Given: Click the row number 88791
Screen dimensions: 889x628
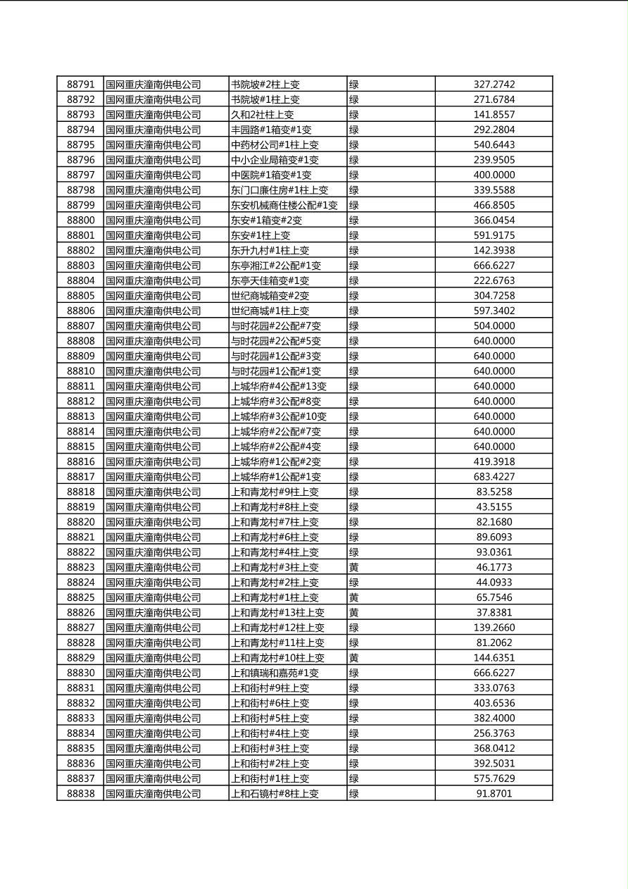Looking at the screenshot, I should pyautogui.click(x=80, y=85).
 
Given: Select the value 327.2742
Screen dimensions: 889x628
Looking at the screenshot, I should pyautogui.click(x=494, y=85).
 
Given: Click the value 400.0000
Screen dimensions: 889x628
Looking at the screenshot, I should pyautogui.click(x=494, y=175).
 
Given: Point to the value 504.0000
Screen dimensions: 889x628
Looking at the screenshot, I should pyautogui.click(x=494, y=326).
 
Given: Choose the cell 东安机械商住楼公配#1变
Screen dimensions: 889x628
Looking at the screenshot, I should pyautogui.click(x=284, y=206).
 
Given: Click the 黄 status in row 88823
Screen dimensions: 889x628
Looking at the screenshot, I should pyautogui.click(x=354, y=568).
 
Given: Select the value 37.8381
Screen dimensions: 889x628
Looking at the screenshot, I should pyautogui.click(x=494, y=613).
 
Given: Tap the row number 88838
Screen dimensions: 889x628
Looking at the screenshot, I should pyautogui.click(x=80, y=794).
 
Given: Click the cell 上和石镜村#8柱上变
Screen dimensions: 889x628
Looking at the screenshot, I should pyautogui.click(x=275, y=794).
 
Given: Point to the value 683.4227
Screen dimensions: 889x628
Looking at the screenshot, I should pyautogui.click(x=494, y=477).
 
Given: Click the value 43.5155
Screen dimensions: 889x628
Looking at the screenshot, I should pyautogui.click(x=494, y=507).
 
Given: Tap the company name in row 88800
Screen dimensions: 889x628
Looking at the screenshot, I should pyautogui.click(x=153, y=220).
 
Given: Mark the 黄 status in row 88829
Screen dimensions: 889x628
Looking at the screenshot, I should pyautogui.click(x=354, y=658).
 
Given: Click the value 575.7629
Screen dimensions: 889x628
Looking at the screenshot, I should pyautogui.click(x=494, y=779).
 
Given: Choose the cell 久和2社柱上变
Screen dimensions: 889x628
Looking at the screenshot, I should pyautogui.click(x=263, y=115).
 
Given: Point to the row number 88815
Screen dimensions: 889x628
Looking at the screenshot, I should pyautogui.click(x=80, y=447).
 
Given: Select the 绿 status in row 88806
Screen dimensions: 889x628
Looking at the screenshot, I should pyautogui.click(x=354, y=311).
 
